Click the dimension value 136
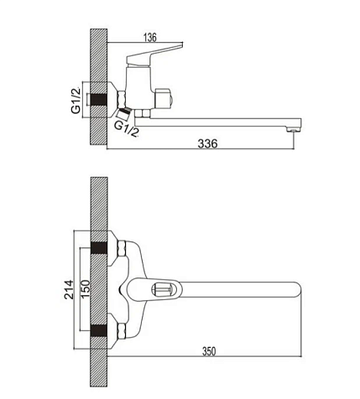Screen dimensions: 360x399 (150, 38)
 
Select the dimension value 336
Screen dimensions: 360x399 (207, 143)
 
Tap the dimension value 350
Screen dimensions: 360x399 (209, 351)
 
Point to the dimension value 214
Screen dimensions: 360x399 (69, 289)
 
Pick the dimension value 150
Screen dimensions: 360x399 (86, 288)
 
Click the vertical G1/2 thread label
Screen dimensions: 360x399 (76, 101)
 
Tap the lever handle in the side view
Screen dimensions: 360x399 (154, 54)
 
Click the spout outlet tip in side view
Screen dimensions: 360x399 (293, 129)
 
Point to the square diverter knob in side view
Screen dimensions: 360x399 (164, 99)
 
